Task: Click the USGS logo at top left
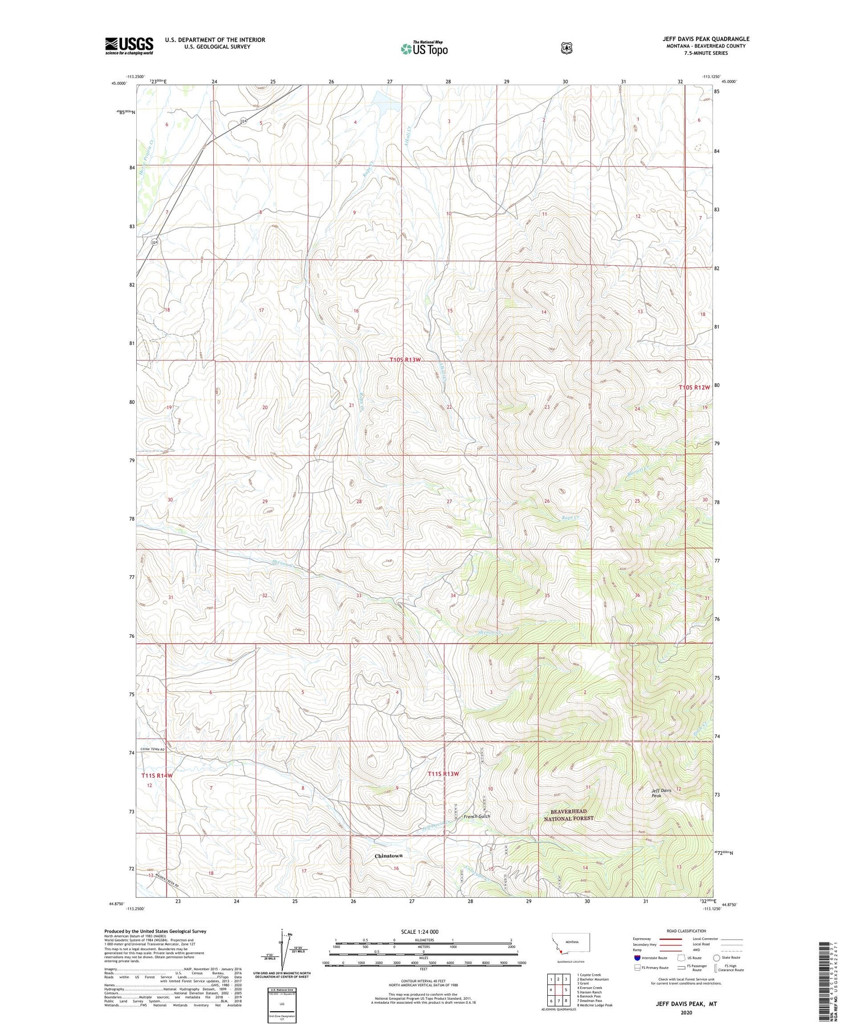pos(129,46)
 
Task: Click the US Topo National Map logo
pos(424,48)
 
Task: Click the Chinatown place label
pos(388,856)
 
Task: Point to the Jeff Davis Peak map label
pos(661,793)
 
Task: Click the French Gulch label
pos(477,816)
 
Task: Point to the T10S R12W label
pos(694,387)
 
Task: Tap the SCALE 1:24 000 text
pos(424,931)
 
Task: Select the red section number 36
pos(637,595)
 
